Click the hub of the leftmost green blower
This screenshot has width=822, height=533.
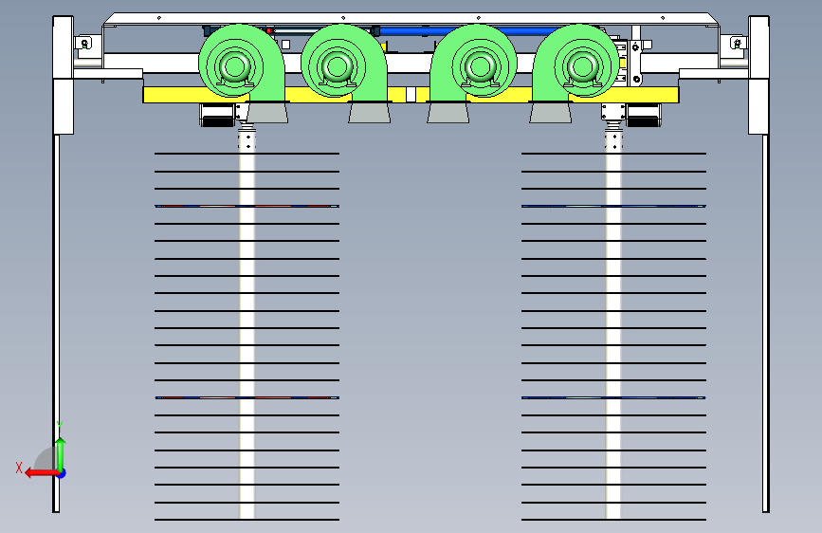point(234,66)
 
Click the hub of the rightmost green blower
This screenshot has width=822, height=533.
point(582,66)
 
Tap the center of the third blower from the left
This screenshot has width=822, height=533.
point(480,66)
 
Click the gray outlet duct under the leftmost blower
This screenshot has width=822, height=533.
point(267,113)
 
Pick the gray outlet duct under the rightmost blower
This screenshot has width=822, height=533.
point(551,113)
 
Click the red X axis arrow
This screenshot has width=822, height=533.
point(42,473)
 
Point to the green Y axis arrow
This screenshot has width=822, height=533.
point(61,455)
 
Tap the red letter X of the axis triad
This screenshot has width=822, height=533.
point(19,468)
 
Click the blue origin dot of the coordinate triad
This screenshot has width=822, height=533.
point(62,473)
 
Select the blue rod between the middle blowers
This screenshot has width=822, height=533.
point(469,31)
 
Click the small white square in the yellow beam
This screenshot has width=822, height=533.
point(411,95)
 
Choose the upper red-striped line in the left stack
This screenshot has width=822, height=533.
point(247,206)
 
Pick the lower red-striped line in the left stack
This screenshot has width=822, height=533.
point(247,397)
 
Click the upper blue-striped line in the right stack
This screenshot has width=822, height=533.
point(613,206)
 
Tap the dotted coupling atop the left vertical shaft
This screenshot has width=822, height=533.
point(247,140)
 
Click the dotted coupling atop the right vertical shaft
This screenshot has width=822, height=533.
point(613,140)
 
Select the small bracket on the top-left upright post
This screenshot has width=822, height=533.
point(83,43)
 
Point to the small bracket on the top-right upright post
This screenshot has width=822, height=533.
point(737,43)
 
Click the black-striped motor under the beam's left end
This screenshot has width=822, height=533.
point(217,115)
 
